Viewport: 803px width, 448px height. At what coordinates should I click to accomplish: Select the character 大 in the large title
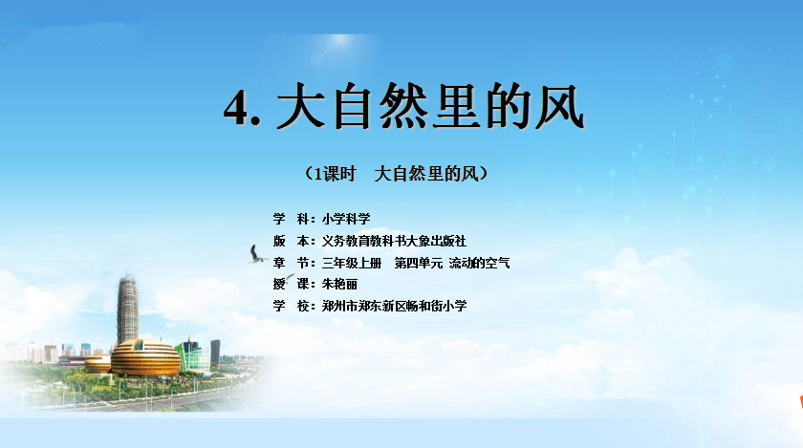pos(301,106)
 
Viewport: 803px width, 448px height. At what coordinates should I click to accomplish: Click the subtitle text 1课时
pos(335,174)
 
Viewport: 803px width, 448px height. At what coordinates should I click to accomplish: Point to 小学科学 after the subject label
pos(346,219)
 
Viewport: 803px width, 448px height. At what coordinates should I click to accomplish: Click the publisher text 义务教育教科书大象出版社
pos(394,241)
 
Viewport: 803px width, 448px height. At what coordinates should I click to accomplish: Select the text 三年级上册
pos(352,264)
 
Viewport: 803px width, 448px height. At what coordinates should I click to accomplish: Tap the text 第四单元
pos(419,264)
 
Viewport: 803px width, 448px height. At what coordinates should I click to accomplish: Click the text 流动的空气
pos(479,264)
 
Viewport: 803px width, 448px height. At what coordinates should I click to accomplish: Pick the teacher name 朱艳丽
pos(339,284)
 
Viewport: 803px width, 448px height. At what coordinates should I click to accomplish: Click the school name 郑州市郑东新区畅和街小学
pos(394,307)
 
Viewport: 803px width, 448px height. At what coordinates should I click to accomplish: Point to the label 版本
pos(292,241)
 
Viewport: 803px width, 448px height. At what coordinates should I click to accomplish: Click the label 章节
pos(292,264)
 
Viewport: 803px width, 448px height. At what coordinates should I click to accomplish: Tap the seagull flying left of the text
pos(256,254)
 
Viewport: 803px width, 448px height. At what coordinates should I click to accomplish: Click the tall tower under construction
pos(127,309)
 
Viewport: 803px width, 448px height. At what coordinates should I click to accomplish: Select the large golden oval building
pos(145,357)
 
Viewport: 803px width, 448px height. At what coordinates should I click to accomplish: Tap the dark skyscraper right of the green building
pos(216,352)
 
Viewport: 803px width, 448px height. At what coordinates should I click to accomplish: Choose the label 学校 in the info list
pos(292,307)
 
